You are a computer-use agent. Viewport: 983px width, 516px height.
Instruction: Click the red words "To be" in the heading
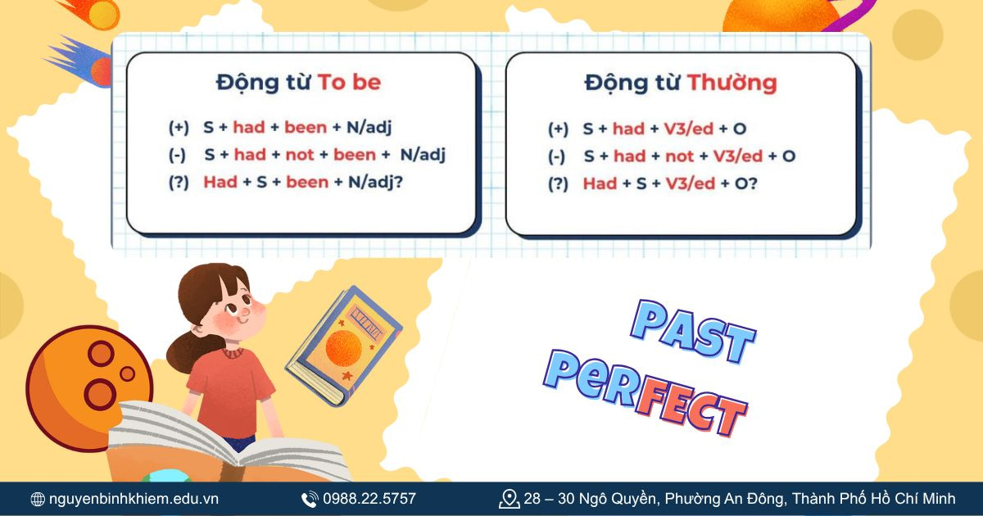[x=349, y=82]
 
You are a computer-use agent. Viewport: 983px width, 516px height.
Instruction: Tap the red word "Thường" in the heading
[x=732, y=82]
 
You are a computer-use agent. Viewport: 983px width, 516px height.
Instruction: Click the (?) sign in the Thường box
[x=558, y=183]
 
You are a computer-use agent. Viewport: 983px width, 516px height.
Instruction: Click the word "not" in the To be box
[x=300, y=155]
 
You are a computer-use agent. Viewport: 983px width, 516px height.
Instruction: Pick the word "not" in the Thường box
[x=679, y=156]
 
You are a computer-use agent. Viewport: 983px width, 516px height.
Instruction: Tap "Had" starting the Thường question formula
[x=600, y=183]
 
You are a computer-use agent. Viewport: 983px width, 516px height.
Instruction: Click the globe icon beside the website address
[x=38, y=499]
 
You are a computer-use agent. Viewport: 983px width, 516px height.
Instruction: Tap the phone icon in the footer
[x=310, y=499]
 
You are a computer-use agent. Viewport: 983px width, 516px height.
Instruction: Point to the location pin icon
[x=510, y=499]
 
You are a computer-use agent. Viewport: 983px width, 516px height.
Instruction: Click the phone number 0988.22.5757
[x=369, y=499]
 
